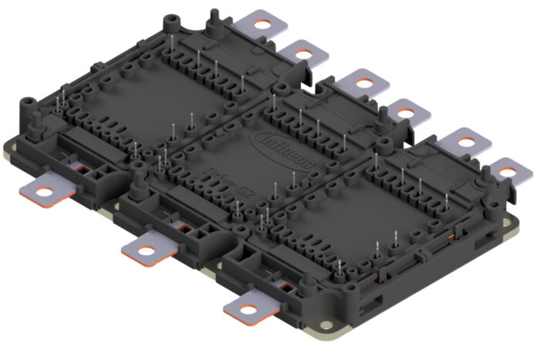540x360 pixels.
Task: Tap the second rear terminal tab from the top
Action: coord(299,53)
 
